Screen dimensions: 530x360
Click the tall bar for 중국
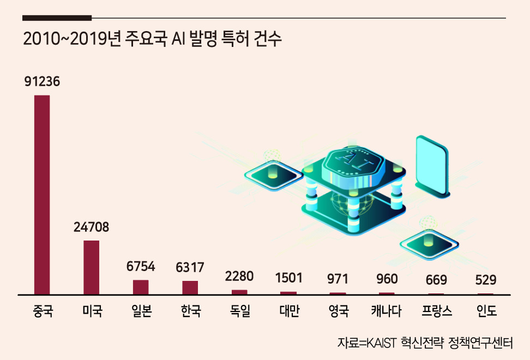42,195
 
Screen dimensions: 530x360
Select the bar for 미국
91,268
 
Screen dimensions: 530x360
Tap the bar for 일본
141,287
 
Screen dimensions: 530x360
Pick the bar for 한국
190,287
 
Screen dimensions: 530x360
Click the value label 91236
42,81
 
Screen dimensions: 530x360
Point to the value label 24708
91,227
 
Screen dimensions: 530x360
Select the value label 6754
141,266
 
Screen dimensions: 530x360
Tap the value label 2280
239,276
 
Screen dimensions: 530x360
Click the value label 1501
288,278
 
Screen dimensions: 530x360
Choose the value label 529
486,280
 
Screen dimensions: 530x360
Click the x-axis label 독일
240,310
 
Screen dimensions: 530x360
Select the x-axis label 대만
290,310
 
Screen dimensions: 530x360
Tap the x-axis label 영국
339,310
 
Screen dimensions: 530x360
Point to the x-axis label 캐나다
387,310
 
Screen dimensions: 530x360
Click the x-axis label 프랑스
437,310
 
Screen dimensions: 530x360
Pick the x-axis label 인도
486,310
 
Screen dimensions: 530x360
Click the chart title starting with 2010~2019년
152,39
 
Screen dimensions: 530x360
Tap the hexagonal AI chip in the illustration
353,166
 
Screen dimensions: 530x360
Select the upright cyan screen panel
432,166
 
